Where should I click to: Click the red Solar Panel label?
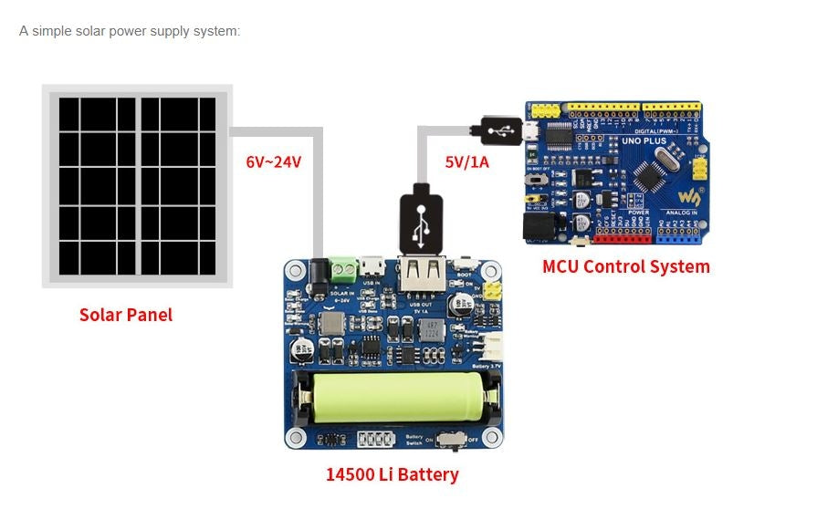126,315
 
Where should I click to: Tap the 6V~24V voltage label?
273,162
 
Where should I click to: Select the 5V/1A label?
466,162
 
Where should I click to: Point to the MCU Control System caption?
625,266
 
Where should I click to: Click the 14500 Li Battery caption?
392,474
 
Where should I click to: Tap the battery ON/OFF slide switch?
449,441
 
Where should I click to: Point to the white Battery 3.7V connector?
492,348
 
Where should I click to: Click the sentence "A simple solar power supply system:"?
130,31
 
